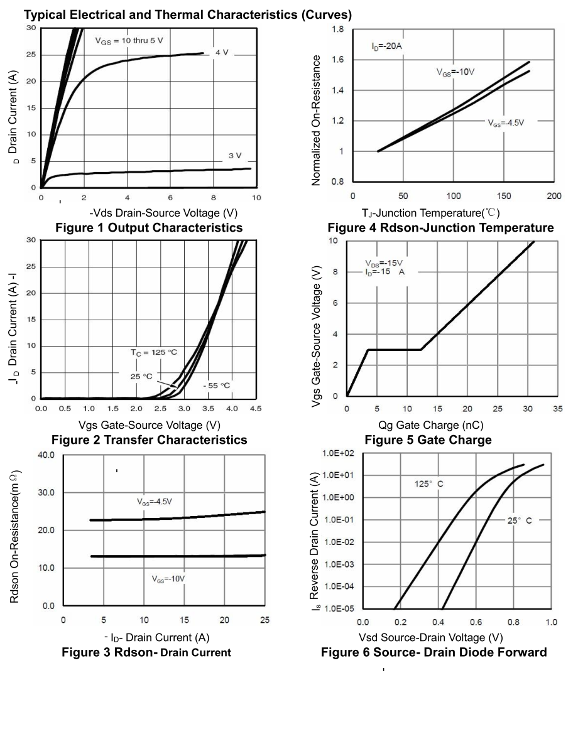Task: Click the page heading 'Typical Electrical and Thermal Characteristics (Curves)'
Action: click(188, 14)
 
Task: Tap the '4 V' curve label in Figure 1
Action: click(221, 52)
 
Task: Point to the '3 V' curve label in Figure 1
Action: click(235, 156)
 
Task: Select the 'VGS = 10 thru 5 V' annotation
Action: click(129, 41)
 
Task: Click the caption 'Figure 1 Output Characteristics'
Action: click(149, 227)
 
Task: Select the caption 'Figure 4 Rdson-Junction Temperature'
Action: click(440, 227)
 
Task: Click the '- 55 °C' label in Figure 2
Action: click(217, 385)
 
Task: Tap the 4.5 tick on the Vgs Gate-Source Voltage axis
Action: click(256, 409)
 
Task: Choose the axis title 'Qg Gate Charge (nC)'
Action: click(430, 425)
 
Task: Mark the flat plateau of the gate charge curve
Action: click(394, 350)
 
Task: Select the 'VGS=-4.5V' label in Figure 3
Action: click(155, 502)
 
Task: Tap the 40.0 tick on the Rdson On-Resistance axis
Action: click(46, 454)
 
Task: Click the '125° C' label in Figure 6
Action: click(429, 484)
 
